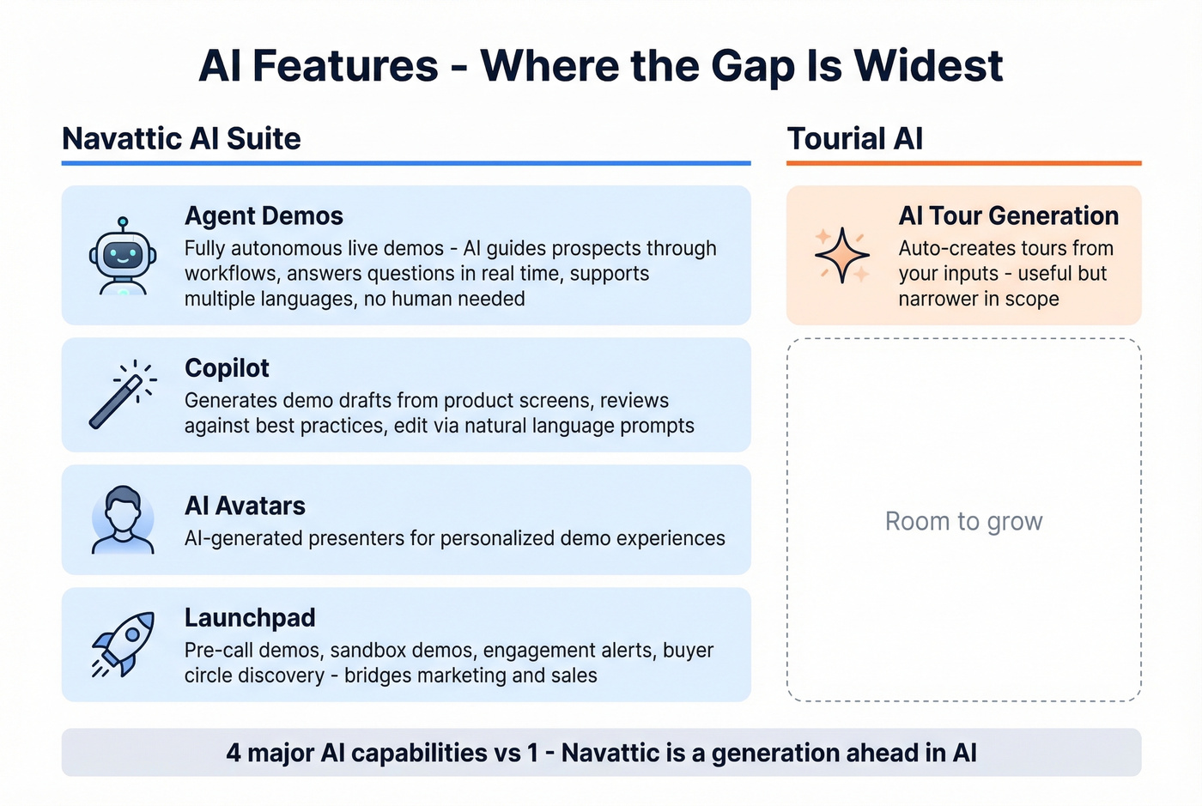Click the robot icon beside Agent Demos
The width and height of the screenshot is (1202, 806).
coord(123,257)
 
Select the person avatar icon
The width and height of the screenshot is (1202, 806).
coord(123,519)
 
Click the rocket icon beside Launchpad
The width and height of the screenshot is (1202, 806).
coord(124,644)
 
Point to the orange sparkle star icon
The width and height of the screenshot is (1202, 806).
coord(842,255)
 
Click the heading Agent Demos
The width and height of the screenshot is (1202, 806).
coord(264,216)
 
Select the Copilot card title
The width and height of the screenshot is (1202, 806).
coord(227,368)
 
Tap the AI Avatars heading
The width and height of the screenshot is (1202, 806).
coord(245,506)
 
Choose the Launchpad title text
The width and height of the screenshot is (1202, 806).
coord(250,618)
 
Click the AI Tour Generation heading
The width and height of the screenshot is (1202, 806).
coord(1008,216)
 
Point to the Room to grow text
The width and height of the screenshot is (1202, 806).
coord(963,521)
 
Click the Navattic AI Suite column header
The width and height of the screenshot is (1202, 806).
coord(181,139)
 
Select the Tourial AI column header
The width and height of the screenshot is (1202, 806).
coord(854,139)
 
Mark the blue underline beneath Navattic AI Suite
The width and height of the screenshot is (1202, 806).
coord(406,163)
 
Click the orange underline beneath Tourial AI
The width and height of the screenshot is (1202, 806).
coord(963,163)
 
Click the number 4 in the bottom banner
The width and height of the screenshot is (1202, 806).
coord(234,753)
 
